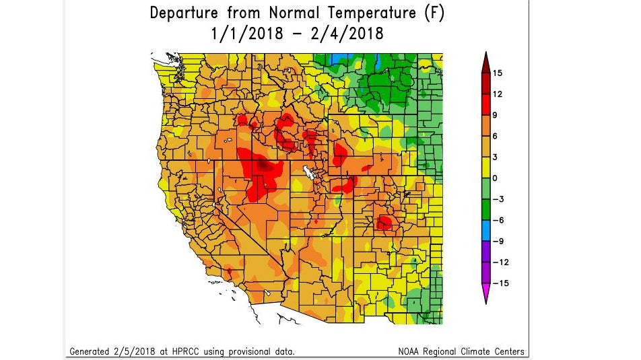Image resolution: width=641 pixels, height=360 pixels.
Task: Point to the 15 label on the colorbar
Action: (x=498, y=73)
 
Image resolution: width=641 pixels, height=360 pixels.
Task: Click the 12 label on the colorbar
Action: (x=498, y=94)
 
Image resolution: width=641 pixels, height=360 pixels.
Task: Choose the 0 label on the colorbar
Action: (x=495, y=178)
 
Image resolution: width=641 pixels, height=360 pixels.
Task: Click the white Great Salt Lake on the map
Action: (x=309, y=173)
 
